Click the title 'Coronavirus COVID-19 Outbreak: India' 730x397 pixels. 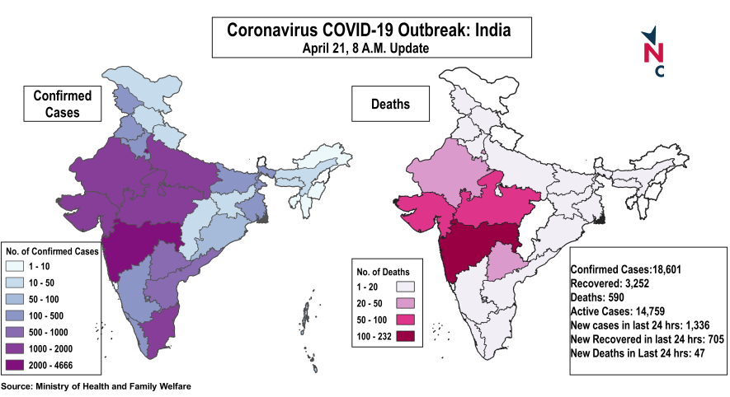[369, 30]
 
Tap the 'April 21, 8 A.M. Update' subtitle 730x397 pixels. [369, 49]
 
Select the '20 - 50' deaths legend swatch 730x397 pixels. [406, 303]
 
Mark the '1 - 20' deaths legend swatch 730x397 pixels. [406, 287]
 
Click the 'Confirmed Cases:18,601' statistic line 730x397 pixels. [624, 269]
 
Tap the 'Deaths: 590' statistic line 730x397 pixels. [600, 297]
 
